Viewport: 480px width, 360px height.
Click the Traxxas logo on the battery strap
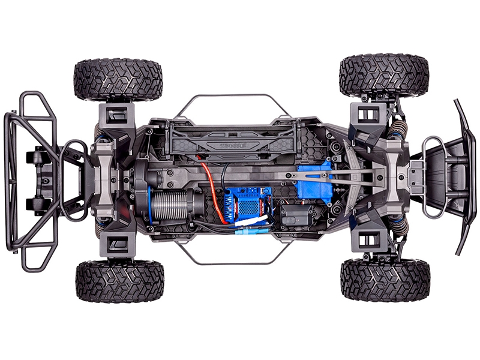click(x=234, y=146)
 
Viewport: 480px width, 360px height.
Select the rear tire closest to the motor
click(x=119, y=280)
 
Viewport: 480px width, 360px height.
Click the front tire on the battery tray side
click(x=384, y=76)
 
